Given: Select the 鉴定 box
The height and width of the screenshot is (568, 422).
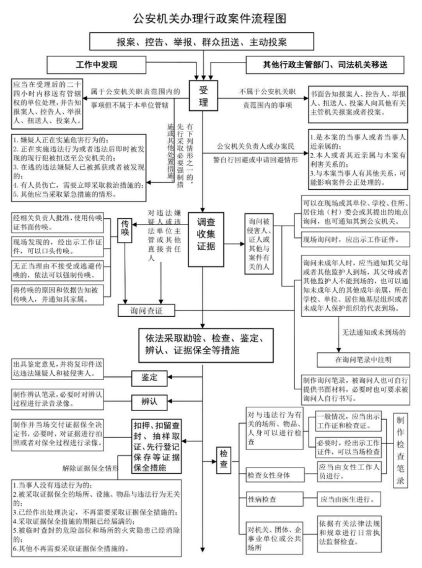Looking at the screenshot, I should (x=149, y=377).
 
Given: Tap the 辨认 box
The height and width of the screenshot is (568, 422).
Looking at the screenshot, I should (x=149, y=401).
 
